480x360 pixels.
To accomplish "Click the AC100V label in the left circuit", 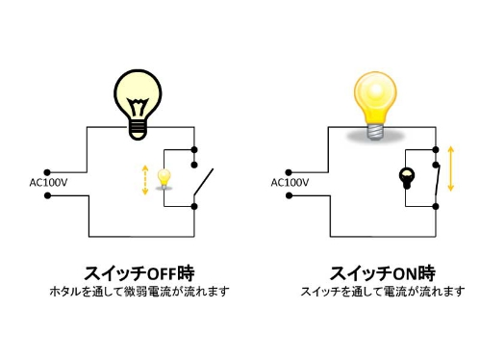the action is tap(48, 183).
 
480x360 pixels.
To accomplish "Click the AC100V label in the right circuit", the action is tap(290, 183).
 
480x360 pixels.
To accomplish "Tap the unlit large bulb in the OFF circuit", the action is tap(139, 104).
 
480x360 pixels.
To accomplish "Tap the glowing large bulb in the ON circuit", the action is tap(375, 105).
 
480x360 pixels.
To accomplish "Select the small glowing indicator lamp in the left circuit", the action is tap(164, 178).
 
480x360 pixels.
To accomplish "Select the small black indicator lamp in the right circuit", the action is tap(407, 178).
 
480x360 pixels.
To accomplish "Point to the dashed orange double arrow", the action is tap(145, 180).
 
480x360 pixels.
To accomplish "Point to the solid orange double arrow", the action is tap(451, 168).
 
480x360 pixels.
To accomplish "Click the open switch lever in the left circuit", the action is tap(204, 182).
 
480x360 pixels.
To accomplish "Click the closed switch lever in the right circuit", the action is tap(438, 180).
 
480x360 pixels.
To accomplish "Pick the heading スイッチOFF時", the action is tap(139, 273).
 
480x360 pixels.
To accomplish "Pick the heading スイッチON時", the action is tap(382, 273).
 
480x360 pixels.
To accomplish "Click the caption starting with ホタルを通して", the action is tap(139, 292).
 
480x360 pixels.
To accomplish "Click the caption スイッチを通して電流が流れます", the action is tap(383, 292).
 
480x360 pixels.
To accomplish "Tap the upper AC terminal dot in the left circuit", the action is tap(47, 172).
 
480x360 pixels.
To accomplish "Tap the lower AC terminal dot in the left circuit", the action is tap(47, 195).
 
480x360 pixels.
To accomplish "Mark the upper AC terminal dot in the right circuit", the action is tap(289, 172).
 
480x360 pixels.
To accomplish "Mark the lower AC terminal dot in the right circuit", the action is tap(289, 195).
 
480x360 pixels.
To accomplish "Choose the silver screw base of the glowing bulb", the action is tap(375, 132).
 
